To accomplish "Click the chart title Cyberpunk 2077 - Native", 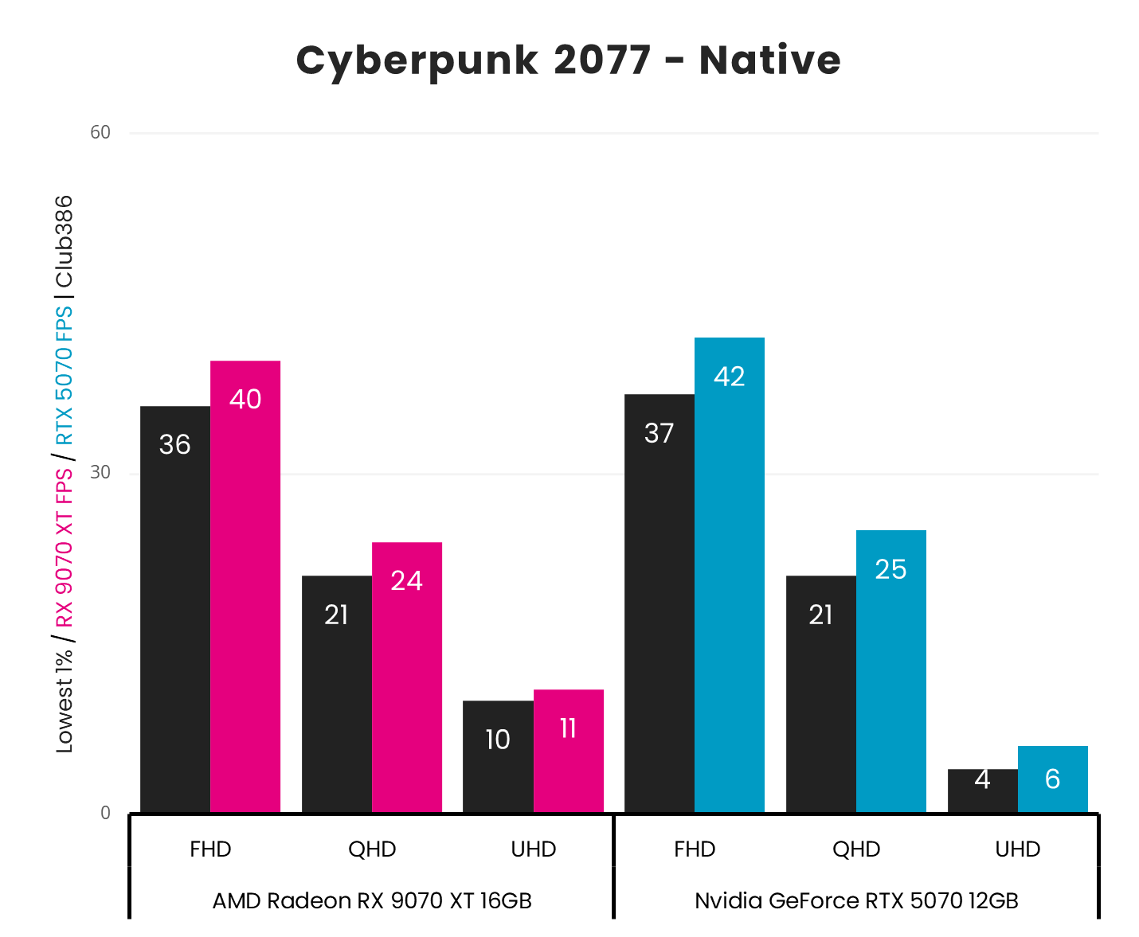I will (x=568, y=61).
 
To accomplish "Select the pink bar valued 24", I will (x=407, y=677).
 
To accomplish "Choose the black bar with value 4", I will (x=982, y=791).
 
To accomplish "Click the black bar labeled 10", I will (x=498, y=756).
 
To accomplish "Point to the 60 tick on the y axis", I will (x=100, y=132).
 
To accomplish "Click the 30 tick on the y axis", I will (x=100, y=473).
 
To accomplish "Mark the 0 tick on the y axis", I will (x=105, y=813).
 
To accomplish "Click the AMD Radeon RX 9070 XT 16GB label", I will (x=372, y=900).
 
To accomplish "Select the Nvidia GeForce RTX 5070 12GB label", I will (x=856, y=900).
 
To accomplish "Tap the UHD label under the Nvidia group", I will (x=1017, y=849).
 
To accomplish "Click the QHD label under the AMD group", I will (x=372, y=849).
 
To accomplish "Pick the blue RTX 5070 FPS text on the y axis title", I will (x=64, y=375).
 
